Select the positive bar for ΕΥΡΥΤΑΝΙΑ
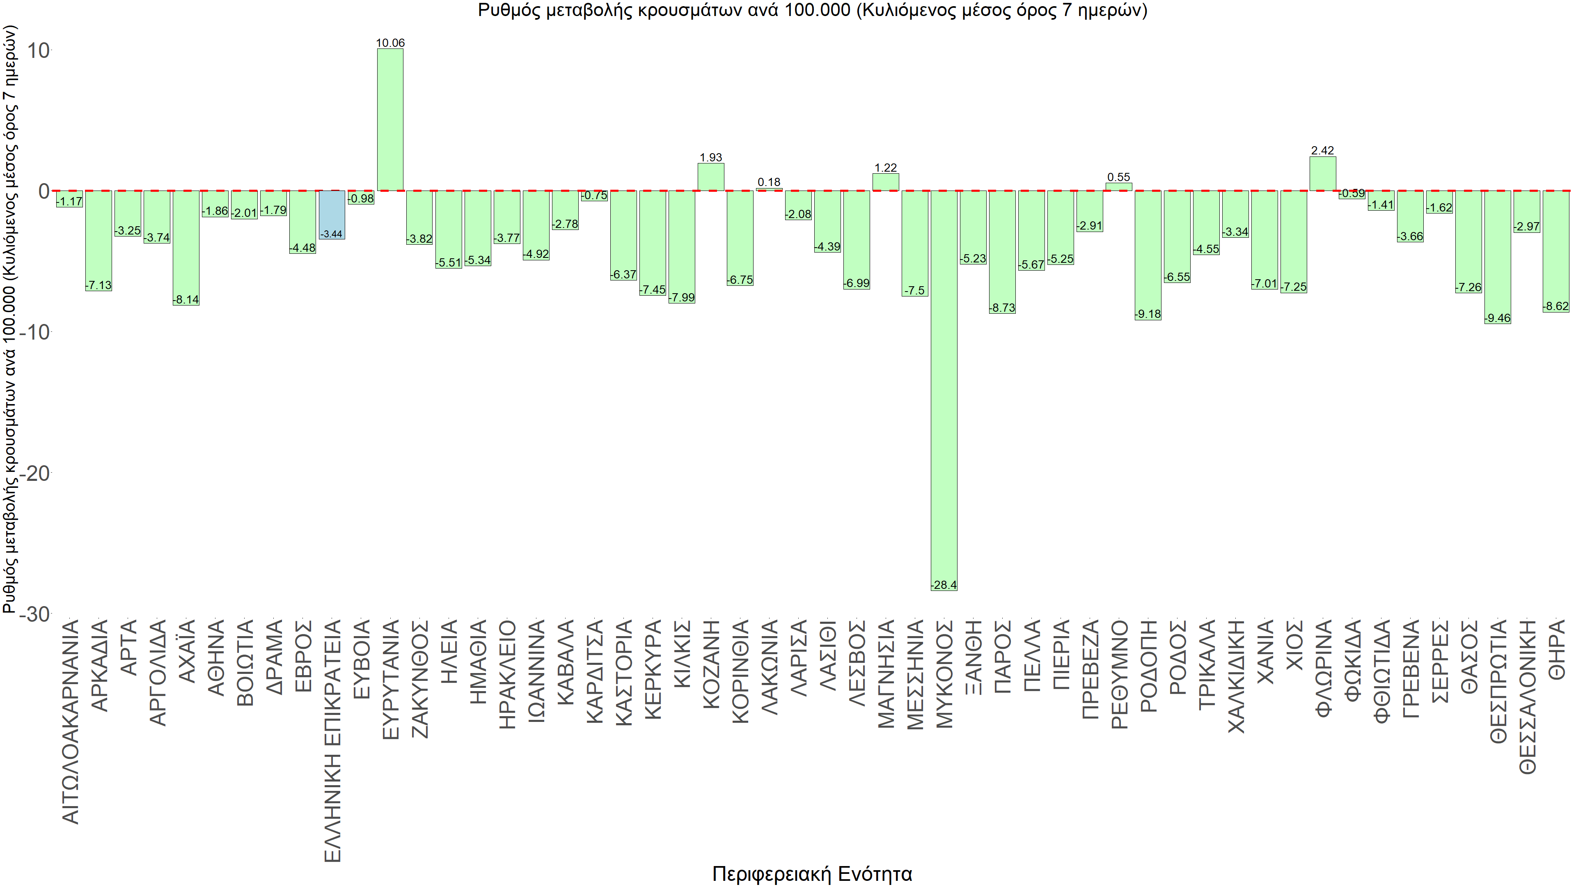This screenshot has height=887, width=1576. [390, 119]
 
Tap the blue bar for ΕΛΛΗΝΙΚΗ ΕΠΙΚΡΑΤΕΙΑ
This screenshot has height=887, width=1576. [332, 214]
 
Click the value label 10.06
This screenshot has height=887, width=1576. [390, 43]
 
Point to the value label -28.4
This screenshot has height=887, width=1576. [944, 585]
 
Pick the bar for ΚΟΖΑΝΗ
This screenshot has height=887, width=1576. [711, 177]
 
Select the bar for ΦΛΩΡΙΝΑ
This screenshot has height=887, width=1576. [1323, 173]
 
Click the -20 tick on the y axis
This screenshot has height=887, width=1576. [35, 473]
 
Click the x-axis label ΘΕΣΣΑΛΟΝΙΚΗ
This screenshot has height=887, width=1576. [1528, 696]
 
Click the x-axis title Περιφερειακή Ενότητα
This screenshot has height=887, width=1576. [812, 873]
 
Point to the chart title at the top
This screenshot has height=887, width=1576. [812, 10]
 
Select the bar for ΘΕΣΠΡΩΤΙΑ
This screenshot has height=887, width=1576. [1497, 257]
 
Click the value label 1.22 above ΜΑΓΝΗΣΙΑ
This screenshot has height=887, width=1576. [885, 168]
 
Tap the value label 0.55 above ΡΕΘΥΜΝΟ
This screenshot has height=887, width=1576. [1118, 177]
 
